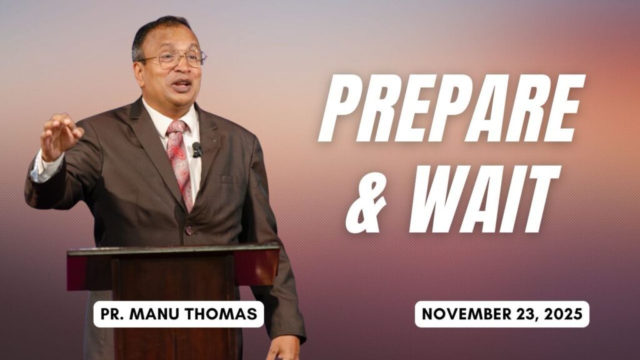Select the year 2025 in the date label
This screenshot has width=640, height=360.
(564, 314)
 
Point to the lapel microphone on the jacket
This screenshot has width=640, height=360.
(197, 149)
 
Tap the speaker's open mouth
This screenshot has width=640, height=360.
(182, 84)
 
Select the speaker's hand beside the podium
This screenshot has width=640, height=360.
(282, 347)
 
